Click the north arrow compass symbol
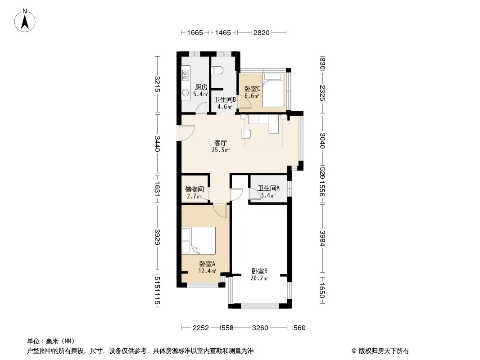25,20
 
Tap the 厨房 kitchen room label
201,87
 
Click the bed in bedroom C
273,90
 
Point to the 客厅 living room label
220,143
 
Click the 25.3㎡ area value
220,150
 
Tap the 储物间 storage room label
195,189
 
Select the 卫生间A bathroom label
268,189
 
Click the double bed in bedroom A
199,240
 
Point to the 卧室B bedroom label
260,271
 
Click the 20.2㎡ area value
259,278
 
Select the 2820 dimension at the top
262,33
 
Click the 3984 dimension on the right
322,238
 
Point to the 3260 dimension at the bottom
260,328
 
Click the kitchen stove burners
185,75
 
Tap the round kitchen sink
186,92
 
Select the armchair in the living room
246,133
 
